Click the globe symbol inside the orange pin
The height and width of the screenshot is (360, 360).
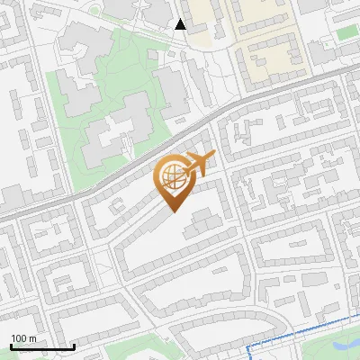coord(172,176)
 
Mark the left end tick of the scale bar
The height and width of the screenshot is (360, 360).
coord(11,346)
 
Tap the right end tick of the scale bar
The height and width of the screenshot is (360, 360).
coord(74,346)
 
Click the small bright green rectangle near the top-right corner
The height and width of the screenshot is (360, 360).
coord(347,34)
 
